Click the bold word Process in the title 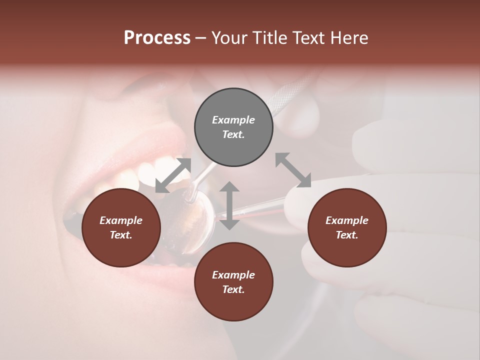157,38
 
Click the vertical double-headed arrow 229,205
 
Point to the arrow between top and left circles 173,175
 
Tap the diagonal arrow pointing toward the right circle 293,170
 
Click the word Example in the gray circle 233,120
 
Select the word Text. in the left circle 121,235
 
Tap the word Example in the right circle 347,220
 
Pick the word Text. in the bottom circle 233,289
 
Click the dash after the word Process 200,38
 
